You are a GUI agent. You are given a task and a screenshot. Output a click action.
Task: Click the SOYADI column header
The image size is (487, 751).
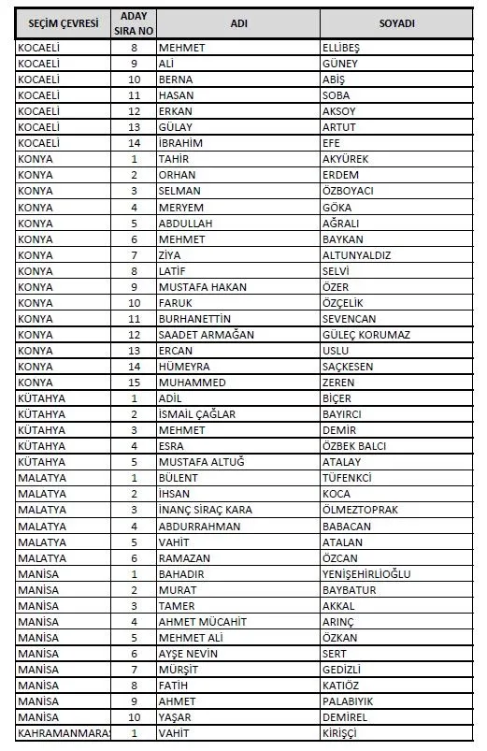click(397, 23)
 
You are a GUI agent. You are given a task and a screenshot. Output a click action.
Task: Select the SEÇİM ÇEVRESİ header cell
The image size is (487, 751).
click(63, 23)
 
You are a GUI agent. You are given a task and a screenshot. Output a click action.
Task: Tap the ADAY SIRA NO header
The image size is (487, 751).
click(134, 23)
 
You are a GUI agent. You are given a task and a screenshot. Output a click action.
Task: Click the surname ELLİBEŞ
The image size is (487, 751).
click(341, 47)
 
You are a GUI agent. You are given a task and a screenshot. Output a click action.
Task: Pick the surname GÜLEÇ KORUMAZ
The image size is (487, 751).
click(365, 334)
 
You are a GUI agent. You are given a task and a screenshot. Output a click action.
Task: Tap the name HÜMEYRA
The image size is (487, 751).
click(184, 366)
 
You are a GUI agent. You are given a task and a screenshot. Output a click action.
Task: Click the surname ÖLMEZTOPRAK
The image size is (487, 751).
click(360, 510)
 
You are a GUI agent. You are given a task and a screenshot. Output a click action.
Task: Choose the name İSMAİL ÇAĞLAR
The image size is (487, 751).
click(196, 414)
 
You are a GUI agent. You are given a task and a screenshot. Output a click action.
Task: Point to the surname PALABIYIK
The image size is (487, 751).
click(351, 700)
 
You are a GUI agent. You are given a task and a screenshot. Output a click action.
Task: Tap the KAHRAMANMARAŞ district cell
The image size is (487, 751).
click(64, 732)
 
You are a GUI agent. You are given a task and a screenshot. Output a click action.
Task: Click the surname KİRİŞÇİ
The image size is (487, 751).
click(339, 732)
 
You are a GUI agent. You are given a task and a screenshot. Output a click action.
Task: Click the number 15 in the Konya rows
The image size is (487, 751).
click(134, 382)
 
